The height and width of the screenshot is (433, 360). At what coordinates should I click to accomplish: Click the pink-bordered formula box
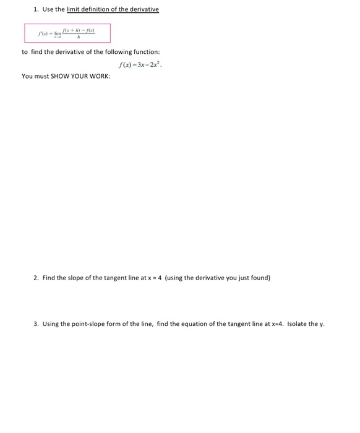[67, 33]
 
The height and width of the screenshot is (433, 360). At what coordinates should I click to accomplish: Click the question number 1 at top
[35, 9]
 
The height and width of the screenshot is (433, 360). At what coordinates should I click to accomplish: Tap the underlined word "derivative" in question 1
[143, 9]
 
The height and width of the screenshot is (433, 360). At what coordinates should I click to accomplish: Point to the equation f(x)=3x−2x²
[141, 64]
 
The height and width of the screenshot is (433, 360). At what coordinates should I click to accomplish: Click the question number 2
[35, 278]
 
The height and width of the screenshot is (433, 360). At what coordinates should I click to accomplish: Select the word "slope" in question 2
[77, 278]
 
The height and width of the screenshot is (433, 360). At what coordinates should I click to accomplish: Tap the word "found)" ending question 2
[260, 278]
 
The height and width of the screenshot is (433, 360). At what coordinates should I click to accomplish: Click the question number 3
[35, 324]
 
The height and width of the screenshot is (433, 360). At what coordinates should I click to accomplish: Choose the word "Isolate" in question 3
[298, 324]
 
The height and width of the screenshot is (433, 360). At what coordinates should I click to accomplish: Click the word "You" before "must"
[27, 76]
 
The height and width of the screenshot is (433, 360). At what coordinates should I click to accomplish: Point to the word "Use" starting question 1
[48, 9]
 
